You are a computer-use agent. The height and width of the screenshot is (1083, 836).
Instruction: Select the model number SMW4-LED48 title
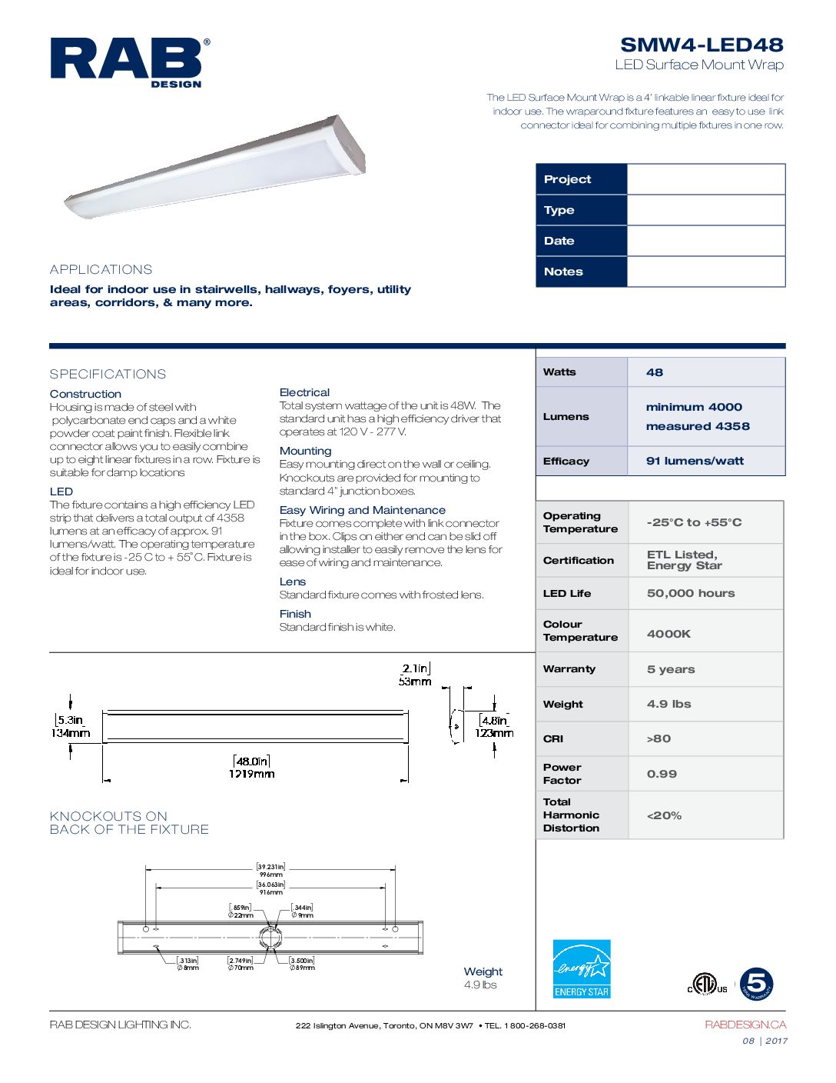point(702,45)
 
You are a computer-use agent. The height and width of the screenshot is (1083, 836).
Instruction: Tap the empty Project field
point(705,179)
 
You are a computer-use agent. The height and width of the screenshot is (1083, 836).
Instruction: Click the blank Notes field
point(705,272)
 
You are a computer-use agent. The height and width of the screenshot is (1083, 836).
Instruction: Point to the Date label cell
point(582,241)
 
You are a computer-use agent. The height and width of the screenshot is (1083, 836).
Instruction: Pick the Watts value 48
point(655,372)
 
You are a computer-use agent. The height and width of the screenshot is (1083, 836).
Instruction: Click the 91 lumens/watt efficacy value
point(695,461)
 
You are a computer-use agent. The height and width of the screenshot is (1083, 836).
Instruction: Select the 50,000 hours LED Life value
point(691,593)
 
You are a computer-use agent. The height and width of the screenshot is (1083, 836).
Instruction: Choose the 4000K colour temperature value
point(668,634)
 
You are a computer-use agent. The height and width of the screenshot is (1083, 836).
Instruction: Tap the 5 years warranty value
point(671,669)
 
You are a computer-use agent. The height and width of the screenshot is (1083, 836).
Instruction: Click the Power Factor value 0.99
point(662,774)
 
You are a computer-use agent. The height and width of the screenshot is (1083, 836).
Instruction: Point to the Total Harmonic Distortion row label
point(571,815)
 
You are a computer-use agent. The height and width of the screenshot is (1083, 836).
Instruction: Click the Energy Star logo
point(582,969)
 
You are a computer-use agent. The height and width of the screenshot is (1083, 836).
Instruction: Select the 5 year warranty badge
point(756,984)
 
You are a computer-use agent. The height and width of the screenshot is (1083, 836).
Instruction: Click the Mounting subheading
point(305,451)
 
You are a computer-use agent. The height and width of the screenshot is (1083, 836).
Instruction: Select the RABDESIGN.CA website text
point(745,1025)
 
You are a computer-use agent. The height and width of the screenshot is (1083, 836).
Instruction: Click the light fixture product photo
point(215,166)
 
